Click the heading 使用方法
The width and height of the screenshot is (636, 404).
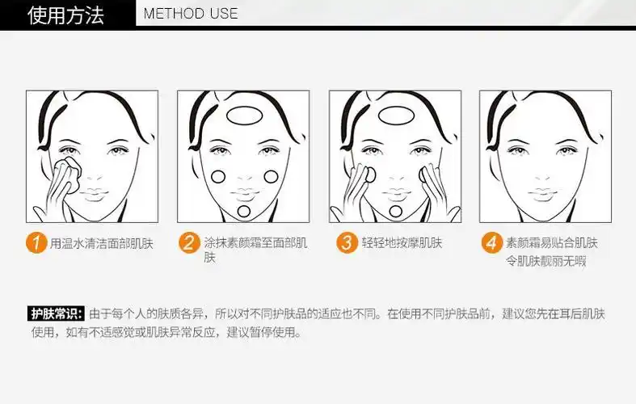coord(66,14)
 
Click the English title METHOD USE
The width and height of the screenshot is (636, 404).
coord(191,14)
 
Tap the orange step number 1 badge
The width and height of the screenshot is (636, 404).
coord(36,242)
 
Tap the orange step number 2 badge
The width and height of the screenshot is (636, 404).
coord(187,242)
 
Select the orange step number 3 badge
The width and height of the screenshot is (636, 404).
coord(346,242)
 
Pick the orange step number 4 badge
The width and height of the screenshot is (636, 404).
coord(491,242)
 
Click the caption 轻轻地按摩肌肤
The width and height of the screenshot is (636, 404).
coord(402,243)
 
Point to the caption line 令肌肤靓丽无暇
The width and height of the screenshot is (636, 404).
coord(545,261)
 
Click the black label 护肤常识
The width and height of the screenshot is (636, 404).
coord(56,314)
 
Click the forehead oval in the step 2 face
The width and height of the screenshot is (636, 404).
coord(243,116)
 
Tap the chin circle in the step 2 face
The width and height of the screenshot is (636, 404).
coord(244,212)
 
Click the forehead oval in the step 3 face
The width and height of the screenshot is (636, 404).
coord(394,116)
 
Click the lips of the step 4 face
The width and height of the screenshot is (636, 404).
coord(546,195)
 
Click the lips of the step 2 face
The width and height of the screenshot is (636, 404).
coord(244,195)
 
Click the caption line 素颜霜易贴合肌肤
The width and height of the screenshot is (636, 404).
coord(551,242)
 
